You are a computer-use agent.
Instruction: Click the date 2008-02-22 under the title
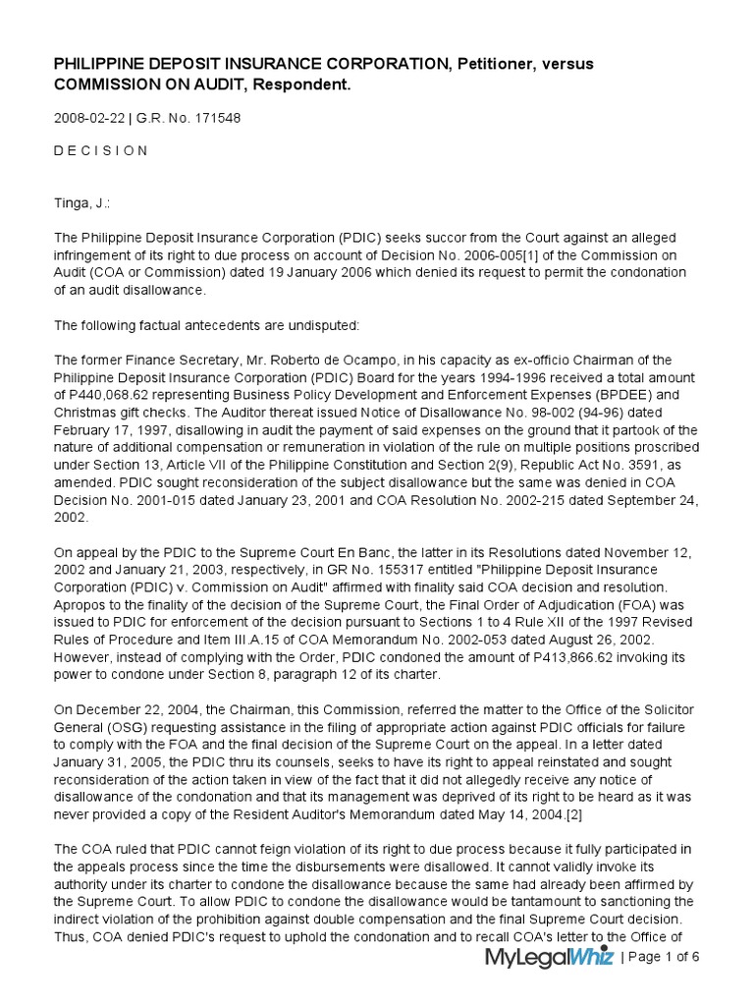click(88, 119)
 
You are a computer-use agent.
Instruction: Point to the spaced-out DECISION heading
click(101, 151)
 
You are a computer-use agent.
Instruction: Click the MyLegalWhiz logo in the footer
click(549, 959)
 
